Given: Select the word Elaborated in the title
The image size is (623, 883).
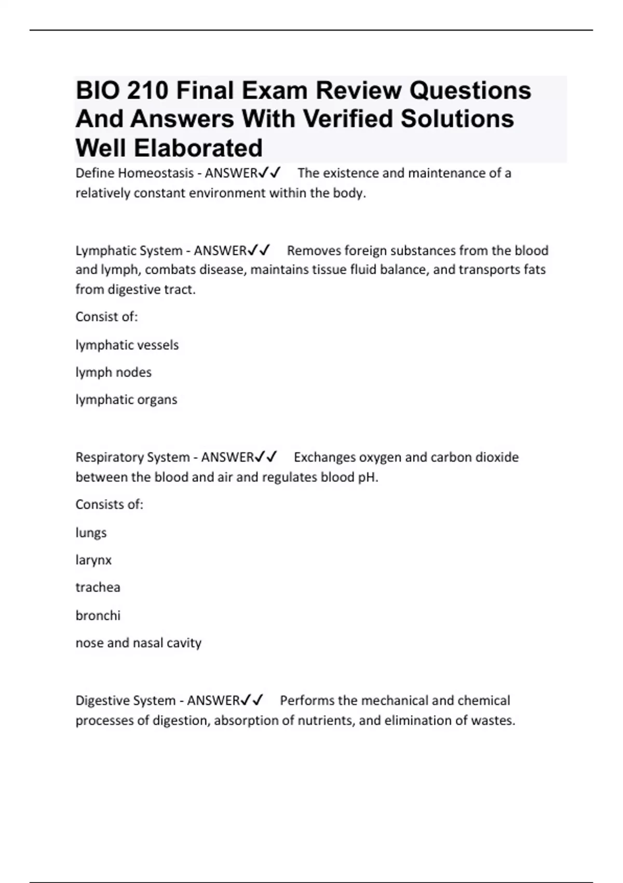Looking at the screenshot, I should click(x=198, y=148).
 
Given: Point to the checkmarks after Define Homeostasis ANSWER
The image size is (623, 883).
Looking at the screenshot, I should click(x=269, y=172).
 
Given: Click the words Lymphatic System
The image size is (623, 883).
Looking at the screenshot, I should click(x=129, y=250).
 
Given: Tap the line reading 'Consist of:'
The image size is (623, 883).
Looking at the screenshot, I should click(x=106, y=316).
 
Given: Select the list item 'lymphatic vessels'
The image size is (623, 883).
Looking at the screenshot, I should click(x=127, y=345).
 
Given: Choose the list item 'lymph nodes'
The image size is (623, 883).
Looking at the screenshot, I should click(x=113, y=372).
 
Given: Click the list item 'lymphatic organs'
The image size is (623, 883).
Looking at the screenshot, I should click(x=126, y=399).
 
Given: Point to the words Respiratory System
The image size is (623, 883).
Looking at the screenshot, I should click(x=132, y=457).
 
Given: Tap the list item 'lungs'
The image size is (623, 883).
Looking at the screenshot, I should click(x=91, y=533).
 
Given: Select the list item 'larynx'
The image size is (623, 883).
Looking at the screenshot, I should click(x=93, y=560).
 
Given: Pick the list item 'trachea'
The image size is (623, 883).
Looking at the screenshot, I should click(x=98, y=587).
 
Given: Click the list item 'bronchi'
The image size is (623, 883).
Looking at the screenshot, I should click(x=98, y=616).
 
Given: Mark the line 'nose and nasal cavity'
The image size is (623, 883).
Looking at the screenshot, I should click(x=138, y=643).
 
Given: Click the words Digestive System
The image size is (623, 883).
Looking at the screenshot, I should click(x=125, y=700).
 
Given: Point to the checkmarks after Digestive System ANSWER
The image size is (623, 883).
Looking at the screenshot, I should click(x=252, y=700).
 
